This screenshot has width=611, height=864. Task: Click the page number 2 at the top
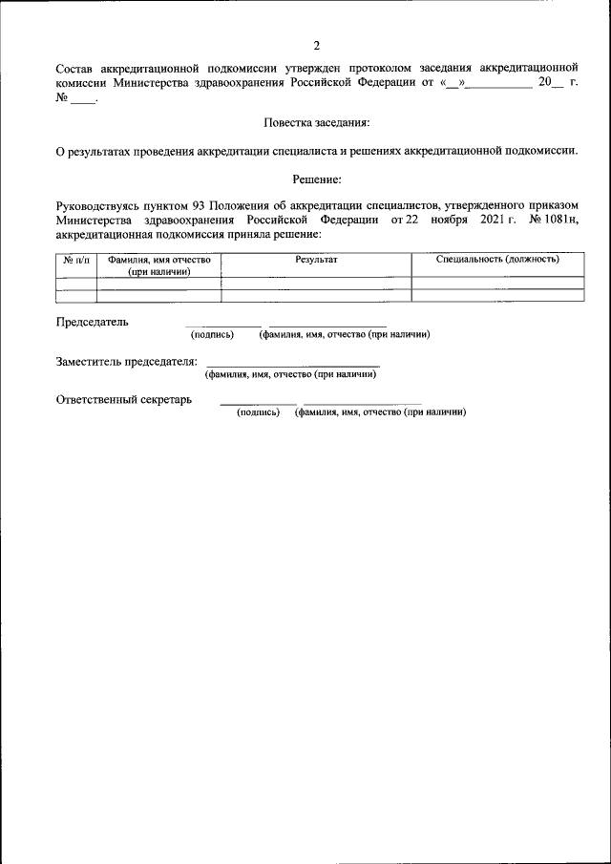[x=316, y=46]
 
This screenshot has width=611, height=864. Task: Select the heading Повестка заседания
[x=315, y=123]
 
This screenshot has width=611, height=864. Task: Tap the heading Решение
[x=316, y=179]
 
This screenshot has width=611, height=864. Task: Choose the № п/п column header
[x=76, y=260]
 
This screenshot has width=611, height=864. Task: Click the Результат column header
[x=316, y=260]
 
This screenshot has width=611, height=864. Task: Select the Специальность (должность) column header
[x=496, y=260]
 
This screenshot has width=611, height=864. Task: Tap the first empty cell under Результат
[x=316, y=284]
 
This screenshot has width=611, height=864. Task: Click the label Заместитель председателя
[x=127, y=362]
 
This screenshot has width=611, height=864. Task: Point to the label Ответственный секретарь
[x=124, y=400]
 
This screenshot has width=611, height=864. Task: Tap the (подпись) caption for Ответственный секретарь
[x=258, y=412]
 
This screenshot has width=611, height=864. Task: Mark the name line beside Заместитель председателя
[x=292, y=366]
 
